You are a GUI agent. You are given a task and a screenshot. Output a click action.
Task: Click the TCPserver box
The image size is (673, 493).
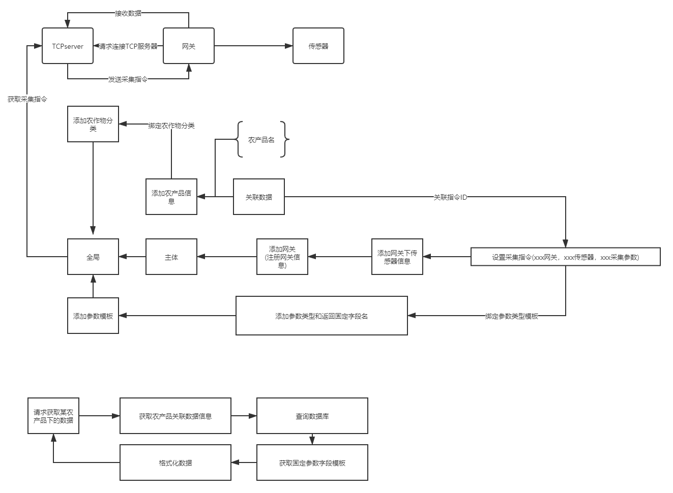point(68,46)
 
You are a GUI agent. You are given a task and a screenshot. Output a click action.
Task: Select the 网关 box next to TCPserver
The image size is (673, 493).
point(189,46)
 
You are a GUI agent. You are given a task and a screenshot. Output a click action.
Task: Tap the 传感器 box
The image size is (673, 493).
point(318,46)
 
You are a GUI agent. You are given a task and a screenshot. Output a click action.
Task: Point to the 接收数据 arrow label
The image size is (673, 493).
point(128,13)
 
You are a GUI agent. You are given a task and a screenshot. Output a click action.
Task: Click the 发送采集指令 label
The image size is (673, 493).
point(128,79)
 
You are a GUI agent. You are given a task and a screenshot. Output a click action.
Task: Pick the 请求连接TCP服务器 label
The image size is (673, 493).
point(128,46)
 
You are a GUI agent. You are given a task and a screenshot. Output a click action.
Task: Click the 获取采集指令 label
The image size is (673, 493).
point(27,99)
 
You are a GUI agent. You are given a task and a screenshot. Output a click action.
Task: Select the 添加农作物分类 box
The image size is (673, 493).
point(93,125)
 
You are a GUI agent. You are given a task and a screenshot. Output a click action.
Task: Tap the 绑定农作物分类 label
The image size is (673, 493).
point(171,125)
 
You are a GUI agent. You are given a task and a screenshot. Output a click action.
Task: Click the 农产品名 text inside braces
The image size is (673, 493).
point(261,140)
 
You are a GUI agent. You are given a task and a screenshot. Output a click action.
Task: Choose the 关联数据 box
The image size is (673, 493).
point(259,197)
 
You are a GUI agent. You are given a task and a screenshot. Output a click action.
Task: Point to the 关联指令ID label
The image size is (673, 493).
point(450,197)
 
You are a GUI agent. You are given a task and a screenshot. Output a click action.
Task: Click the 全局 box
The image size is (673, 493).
point(93,257)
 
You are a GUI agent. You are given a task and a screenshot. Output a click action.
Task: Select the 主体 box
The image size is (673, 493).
point(171,257)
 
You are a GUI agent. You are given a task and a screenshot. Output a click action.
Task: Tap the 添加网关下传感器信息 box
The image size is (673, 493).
point(397,257)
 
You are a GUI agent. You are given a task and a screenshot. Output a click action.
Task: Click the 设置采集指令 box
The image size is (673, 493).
point(566,257)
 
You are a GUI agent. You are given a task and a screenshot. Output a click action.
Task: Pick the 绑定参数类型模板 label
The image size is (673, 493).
point(511,316)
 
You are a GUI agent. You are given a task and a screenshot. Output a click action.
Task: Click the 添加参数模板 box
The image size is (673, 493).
point(93,316)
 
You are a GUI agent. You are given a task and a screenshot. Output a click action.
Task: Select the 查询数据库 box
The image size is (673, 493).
point(312,416)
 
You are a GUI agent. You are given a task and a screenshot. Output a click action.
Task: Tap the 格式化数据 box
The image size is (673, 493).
point(175,463)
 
